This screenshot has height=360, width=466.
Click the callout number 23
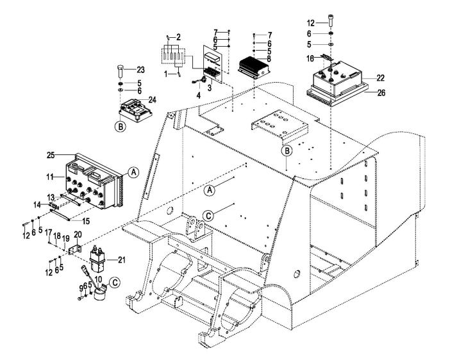point(140,69)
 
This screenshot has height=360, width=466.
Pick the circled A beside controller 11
point(132,172)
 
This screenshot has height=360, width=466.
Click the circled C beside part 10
point(114,299)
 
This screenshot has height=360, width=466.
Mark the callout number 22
point(362,78)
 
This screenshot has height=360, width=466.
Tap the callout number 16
point(310,58)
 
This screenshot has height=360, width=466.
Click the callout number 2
point(179,38)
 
